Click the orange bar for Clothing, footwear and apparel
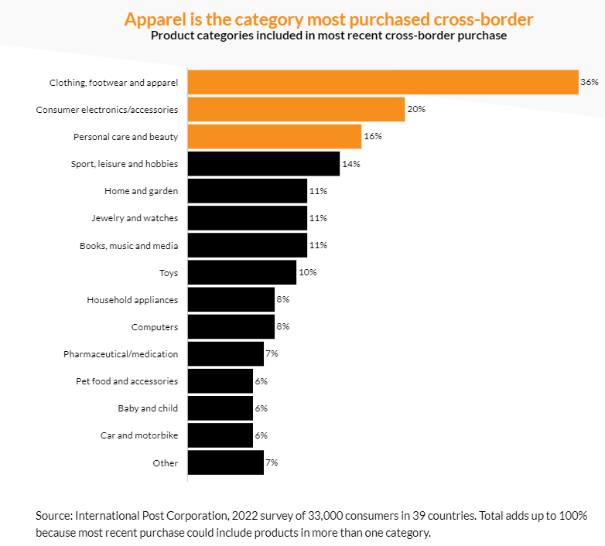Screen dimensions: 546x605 383,82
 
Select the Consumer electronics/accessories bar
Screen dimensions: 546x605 296,109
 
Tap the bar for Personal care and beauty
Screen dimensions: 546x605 275,136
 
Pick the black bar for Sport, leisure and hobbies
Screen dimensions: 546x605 264,164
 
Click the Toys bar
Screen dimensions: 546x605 242,272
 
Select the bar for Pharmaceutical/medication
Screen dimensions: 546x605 226,353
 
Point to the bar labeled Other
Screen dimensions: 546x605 226,462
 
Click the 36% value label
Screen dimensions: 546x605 590,82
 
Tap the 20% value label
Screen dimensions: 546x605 416,109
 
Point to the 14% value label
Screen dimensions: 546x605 351,164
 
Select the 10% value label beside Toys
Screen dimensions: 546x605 308,272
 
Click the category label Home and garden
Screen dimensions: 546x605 141,191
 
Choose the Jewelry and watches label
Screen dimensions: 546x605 135,218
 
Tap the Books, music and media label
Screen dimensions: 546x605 128,245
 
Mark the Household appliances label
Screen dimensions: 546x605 132,299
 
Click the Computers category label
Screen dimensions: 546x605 155,326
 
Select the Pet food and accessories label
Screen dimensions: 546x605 127,380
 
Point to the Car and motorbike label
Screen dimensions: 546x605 139,435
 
